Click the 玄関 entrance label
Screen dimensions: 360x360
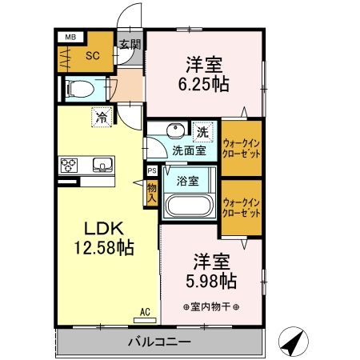click(129, 45)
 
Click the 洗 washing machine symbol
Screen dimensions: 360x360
click(203, 130)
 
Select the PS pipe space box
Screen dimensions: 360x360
click(152, 170)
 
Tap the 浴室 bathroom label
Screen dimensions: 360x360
click(189, 181)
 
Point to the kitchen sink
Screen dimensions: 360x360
click(102, 166)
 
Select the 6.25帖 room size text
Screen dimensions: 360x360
click(205, 82)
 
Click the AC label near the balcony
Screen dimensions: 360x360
click(145, 312)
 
